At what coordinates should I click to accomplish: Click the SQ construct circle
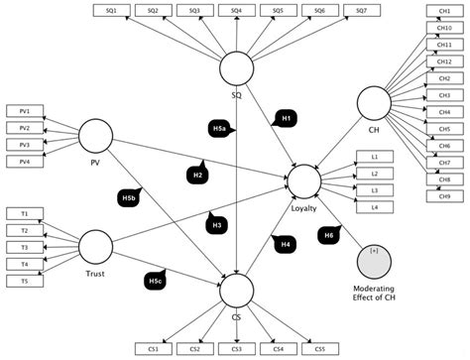(x=236, y=69)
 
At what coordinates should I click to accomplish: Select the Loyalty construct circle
(x=303, y=180)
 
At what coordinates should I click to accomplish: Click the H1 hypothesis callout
(x=285, y=118)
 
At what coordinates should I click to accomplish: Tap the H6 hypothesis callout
(x=327, y=234)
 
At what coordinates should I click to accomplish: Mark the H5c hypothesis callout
(x=156, y=282)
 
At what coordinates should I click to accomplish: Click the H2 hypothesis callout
(x=198, y=174)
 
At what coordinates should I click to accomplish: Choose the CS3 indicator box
(x=236, y=349)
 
